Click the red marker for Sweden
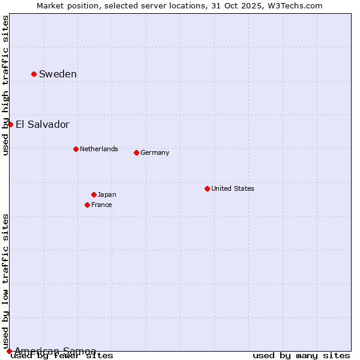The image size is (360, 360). point(34,74)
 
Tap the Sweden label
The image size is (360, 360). point(58,74)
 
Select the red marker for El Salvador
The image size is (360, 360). point(10,124)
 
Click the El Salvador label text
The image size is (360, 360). point(42,125)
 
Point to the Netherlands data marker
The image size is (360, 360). point(76,149)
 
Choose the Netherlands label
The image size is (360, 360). point(98,149)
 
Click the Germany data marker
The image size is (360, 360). point(136,152)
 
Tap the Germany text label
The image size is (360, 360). point(155,152)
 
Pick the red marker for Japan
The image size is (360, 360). point(94,194)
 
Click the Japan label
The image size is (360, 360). point(107,194)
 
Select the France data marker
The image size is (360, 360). point(87,205)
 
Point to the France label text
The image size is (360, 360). point(101,205)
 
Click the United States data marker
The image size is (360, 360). point(207,188)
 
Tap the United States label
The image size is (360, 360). point(232,188)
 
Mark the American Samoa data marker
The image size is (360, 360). point(9,351)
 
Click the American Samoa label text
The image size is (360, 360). point(55,351)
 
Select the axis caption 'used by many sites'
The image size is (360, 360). point(301,356)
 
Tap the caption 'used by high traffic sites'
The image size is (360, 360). point(5,85)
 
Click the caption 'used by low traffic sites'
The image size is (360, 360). point(5,281)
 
